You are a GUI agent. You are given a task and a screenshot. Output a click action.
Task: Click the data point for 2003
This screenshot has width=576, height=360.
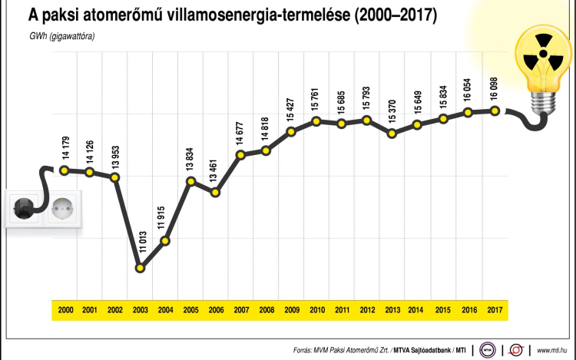pos(140,268)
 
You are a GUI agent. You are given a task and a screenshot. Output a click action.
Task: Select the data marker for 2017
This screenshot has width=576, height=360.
pos(495,111)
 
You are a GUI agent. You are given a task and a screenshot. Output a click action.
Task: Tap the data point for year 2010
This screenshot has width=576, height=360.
pos(316,121)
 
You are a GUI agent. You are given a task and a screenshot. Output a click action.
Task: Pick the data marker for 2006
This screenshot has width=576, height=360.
pos(215,192)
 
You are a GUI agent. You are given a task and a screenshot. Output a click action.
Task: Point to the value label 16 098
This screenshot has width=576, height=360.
pos(495,90)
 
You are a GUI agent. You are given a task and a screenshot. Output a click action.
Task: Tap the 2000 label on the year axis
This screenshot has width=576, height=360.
pos(65,309)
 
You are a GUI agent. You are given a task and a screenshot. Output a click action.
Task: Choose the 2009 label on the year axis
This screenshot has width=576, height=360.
pos(292,309)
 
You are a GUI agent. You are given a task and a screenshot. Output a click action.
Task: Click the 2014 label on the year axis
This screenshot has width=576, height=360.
pos(418,309)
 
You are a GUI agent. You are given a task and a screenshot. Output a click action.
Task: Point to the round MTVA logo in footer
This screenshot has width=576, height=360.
pos(487,349)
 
